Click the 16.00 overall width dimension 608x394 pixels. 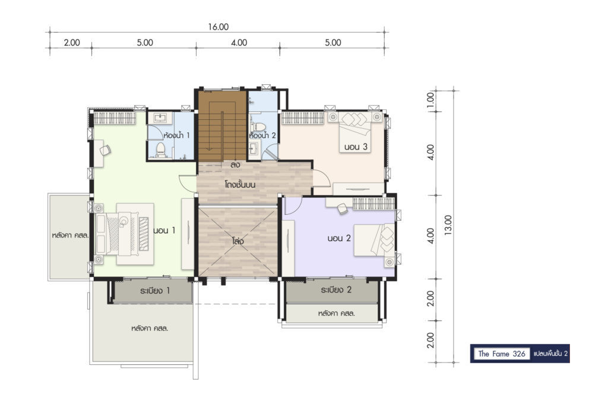[x=218, y=27]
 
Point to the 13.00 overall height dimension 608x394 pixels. [x=448, y=225]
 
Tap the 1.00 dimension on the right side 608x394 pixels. [x=430, y=101]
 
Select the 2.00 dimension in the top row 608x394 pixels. [x=72, y=42]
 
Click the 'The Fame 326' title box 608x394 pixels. [x=502, y=353]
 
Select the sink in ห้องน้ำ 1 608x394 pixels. [x=160, y=117]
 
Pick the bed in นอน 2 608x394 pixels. [x=375, y=240]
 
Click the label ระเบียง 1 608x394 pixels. [x=155, y=290]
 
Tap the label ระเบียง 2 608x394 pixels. [x=336, y=290]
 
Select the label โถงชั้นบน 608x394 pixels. [x=240, y=185]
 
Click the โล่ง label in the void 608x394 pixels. [x=237, y=241]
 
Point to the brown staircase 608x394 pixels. [x=222, y=126]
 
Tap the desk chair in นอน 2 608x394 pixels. [x=343, y=208]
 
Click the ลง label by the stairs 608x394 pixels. [x=235, y=164]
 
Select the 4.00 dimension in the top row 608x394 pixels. [x=239, y=42]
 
